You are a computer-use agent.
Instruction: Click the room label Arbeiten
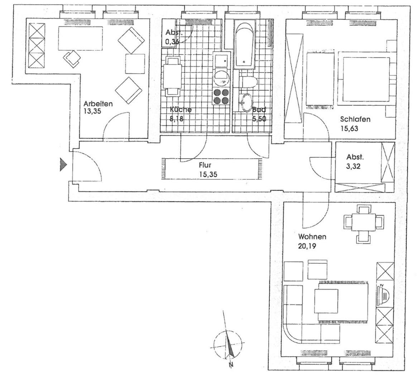point(98,104)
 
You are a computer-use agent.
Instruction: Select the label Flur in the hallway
point(205,165)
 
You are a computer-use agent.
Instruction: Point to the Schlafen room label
point(355,119)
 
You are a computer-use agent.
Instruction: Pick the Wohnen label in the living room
point(312,237)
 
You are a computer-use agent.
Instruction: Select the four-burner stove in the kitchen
point(221,96)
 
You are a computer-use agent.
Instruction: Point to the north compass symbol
point(228,345)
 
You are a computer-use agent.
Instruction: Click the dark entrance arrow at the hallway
point(63,165)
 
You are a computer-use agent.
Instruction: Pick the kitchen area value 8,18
point(177,119)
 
